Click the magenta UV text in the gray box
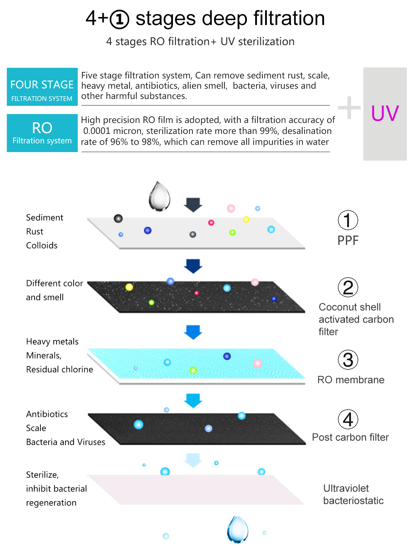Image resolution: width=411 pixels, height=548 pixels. (x=385, y=113)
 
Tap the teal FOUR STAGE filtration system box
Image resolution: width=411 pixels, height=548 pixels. (x=42, y=87)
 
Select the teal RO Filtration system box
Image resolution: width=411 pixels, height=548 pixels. (x=42, y=133)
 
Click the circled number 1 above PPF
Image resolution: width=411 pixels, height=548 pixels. (x=348, y=220)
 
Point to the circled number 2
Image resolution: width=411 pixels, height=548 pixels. (x=348, y=287)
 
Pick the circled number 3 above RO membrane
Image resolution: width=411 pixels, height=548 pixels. (x=348, y=360)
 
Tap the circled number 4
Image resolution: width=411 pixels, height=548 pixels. (x=348, y=419)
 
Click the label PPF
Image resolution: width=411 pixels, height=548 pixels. (x=348, y=240)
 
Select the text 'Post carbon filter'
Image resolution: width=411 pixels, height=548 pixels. (x=350, y=437)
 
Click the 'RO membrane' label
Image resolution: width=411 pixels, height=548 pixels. (x=351, y=380)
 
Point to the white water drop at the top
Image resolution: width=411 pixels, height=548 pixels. (x=159, y=196)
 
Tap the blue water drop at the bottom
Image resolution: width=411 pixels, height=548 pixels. (x=237, y=529)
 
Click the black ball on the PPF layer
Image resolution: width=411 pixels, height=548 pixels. (x=118, y=219)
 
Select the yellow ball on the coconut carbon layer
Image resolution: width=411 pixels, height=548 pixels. (x=129, y=287)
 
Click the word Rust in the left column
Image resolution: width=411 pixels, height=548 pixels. (x=35, y=232)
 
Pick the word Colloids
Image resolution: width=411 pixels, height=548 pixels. (x=42, y=246)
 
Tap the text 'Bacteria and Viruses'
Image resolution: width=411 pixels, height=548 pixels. (x=66, y=442)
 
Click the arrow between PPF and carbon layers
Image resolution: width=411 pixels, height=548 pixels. (x=193, y=266)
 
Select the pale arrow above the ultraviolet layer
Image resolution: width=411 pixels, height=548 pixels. (x=193, y=460)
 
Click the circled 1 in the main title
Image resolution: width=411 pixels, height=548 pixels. (x=120, y=20)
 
